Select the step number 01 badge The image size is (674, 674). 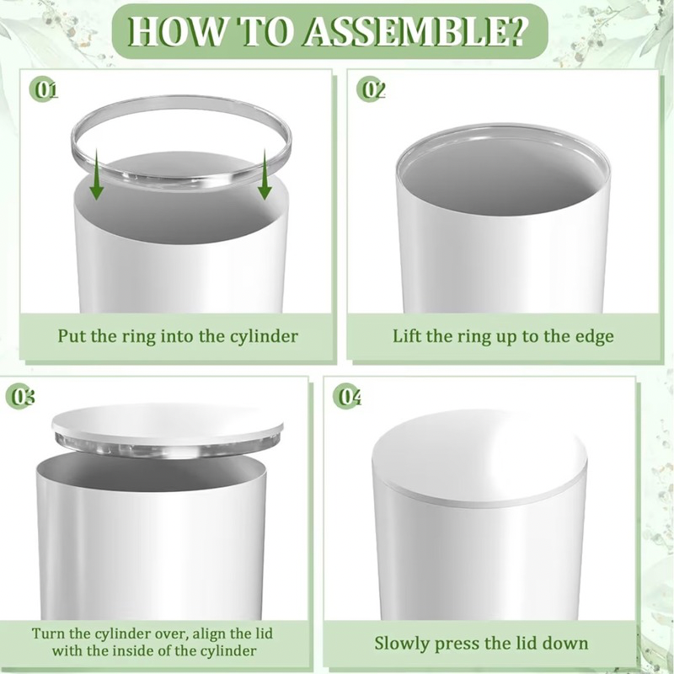tap(43, 90)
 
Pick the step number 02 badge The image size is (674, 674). tap(371, 90)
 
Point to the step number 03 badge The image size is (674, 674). tap(19, 397)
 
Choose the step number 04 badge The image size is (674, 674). tap(347, 397)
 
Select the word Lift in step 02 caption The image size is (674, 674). tap(405, 335)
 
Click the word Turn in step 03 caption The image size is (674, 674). tap(47, 634)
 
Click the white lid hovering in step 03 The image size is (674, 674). tap(167, 426)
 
